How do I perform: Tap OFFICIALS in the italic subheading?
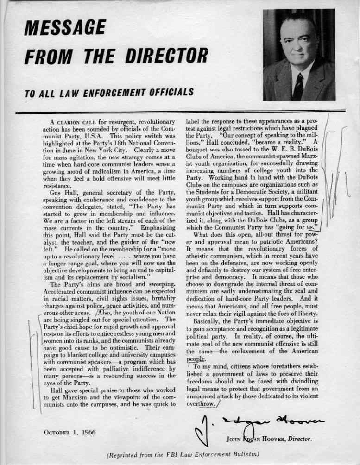tap(170, 92)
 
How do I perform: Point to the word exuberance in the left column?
tap(95, 200)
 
